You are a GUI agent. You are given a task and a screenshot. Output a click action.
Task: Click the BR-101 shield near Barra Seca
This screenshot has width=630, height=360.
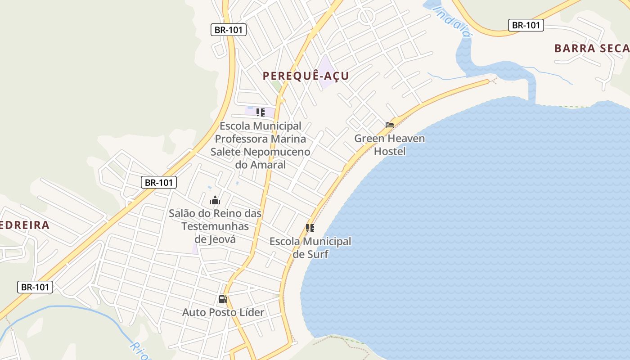[x=526, y=25]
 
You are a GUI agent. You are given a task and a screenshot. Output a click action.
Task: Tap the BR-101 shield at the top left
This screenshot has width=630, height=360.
[x=228, y=30]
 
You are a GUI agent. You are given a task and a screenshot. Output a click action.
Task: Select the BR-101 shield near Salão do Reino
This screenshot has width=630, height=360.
[x=159, y=182]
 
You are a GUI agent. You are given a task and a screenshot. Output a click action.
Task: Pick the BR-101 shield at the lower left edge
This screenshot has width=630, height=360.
[x=35, y=287]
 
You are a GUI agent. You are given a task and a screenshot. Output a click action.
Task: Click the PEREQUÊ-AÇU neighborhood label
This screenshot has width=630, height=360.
[x=306, y=76]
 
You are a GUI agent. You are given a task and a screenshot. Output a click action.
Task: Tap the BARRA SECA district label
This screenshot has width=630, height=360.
[x=591, y=48]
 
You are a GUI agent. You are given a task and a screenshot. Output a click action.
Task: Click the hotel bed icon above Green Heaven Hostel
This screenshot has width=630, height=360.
[x=390, y=125]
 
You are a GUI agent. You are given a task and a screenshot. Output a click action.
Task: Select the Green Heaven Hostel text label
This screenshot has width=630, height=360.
[x=390, y=144]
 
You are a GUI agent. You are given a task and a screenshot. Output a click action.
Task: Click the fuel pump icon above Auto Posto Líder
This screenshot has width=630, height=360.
[x=223, y=299]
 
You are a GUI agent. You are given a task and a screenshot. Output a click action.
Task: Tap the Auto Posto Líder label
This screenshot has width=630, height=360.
[x=223, y=312]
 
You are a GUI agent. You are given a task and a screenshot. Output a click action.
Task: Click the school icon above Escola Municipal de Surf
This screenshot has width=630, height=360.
[x=310, y=228]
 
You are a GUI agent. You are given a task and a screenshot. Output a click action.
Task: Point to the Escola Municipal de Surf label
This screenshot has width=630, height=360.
[x=310, y=247]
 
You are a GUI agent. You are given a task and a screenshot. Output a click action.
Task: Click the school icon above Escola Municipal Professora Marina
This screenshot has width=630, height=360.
[x=260, y=112]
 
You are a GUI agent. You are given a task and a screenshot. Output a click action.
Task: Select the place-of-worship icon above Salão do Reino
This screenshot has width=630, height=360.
[x=215, y=200]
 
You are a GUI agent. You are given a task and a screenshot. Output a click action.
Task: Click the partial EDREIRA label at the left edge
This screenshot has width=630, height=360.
[x=24, y=225]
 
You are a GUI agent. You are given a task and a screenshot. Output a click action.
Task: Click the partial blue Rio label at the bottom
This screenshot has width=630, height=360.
[x=139, y=351]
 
